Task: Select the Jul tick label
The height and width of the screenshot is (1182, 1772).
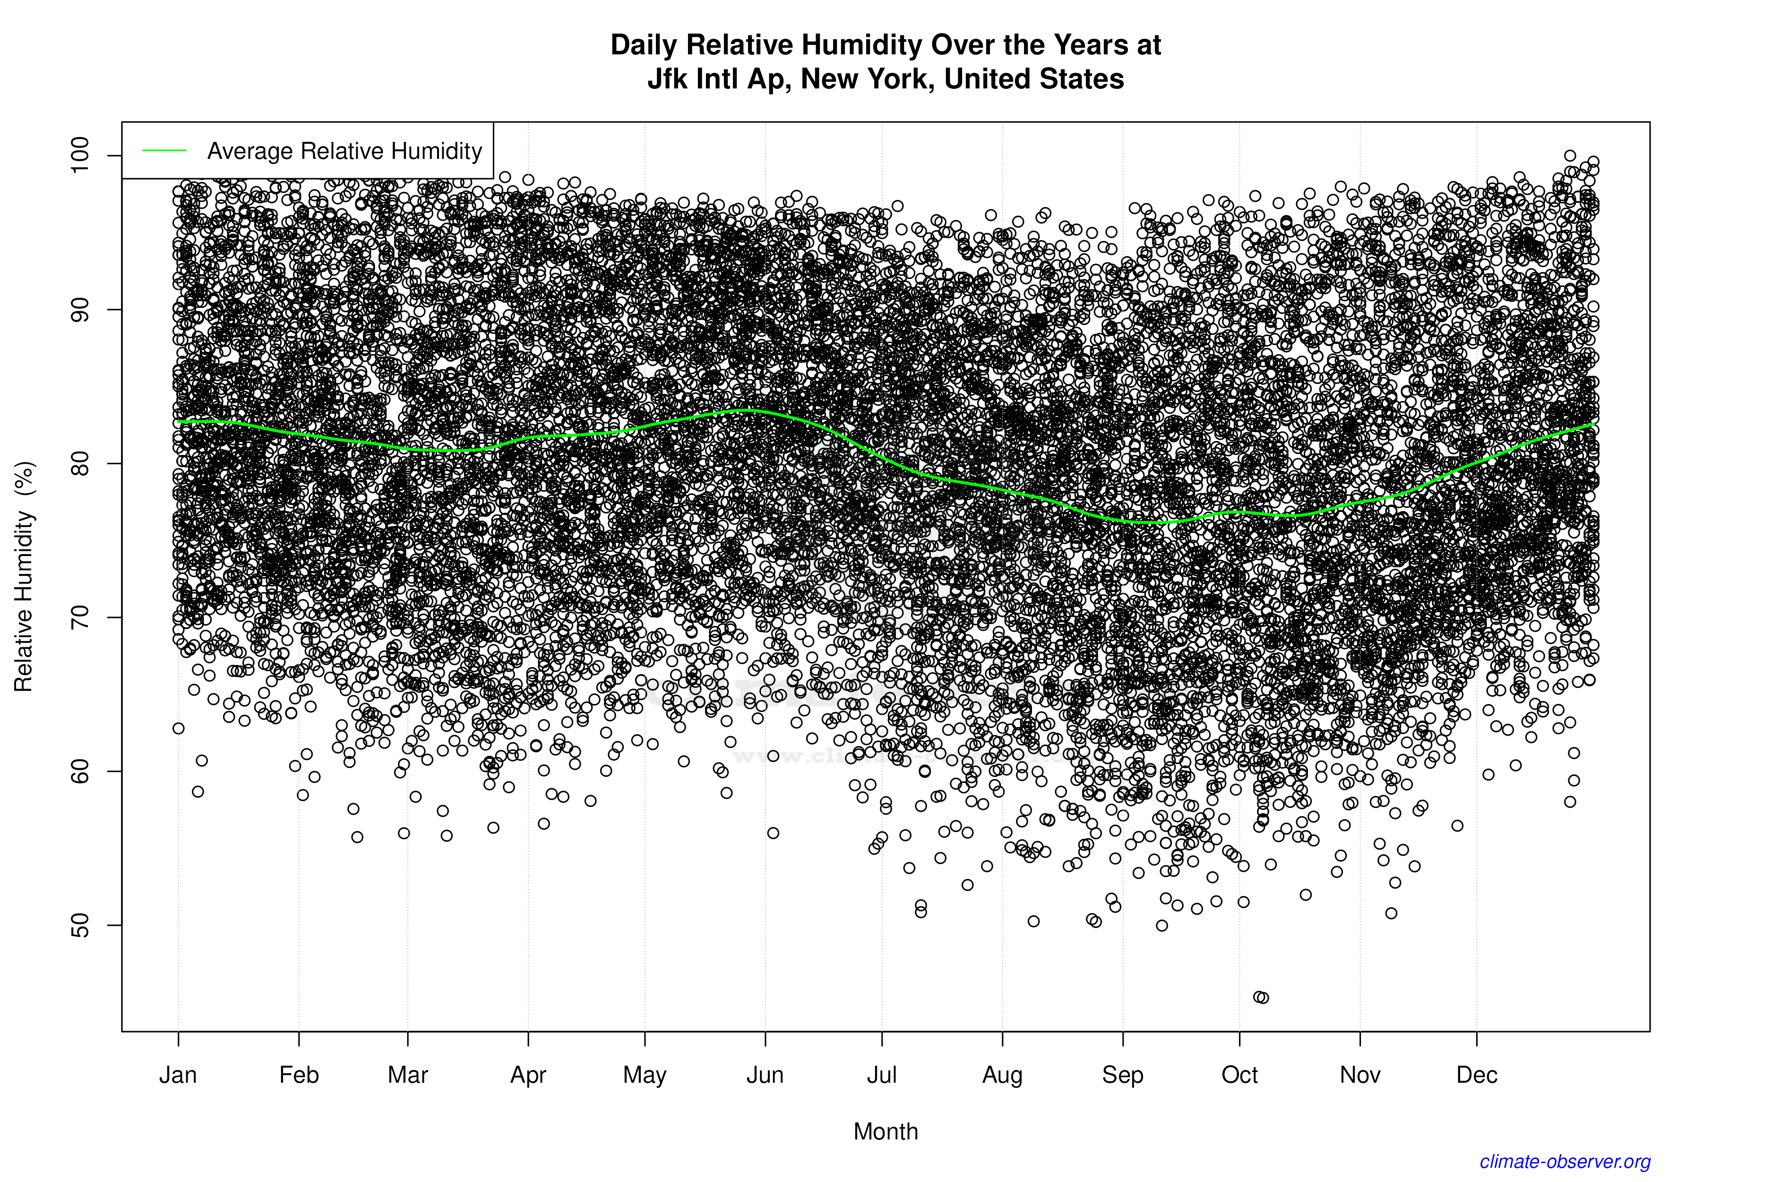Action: (881, 1075)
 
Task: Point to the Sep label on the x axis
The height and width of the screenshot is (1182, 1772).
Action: (1123, 1075)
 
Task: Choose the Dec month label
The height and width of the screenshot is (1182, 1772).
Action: (1477, 1075)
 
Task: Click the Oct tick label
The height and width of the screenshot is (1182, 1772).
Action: (1239, 1075)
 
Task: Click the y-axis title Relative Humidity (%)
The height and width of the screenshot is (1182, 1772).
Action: (24, 577)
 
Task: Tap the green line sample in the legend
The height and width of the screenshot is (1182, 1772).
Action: (164, 151)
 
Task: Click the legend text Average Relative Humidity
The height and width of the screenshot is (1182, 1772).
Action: (344, 151)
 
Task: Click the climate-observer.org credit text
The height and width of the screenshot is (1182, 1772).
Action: (1565, 1162)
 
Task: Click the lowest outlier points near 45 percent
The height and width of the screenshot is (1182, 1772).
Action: (1260, 997)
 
